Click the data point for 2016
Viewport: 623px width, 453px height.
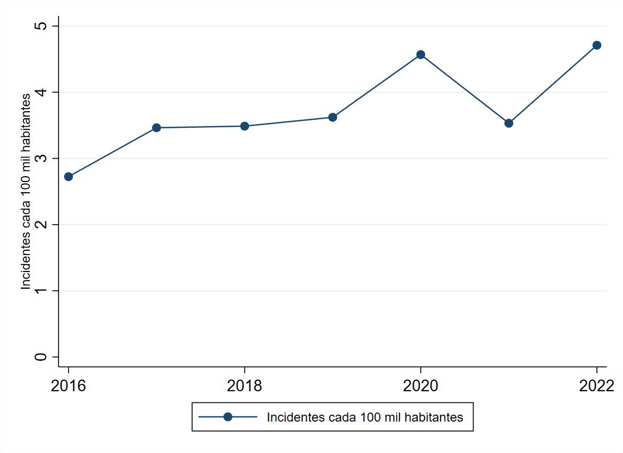68,177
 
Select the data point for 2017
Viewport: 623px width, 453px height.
156,128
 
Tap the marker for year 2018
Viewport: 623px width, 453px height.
245,126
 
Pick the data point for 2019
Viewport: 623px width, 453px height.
333,117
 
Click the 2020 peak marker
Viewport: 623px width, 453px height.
421,54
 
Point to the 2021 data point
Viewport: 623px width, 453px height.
509,123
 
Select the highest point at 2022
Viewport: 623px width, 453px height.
596,45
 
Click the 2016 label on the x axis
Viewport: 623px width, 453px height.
68,386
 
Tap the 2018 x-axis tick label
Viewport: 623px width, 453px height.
245,386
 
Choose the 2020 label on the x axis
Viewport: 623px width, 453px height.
421,386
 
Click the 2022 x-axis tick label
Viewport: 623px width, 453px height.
596,386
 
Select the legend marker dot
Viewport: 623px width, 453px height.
228,417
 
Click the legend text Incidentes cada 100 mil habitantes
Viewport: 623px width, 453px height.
365,417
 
